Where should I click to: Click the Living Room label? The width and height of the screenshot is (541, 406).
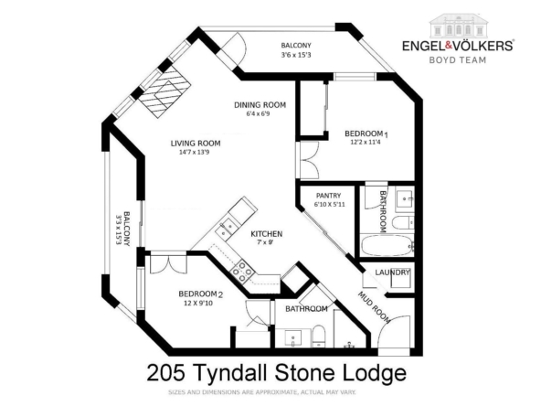[196, 144]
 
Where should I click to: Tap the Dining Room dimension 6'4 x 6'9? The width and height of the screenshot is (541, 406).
[258, 113]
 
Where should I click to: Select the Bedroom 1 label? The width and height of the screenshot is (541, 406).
[366, 134]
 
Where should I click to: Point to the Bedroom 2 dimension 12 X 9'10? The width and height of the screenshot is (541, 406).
[198, 304]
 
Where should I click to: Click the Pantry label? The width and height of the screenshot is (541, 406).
[328, 196]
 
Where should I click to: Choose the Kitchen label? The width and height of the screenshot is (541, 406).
[266, 234]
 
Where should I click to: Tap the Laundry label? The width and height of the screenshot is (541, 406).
[392, 272]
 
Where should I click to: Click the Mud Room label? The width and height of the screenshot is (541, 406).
[374, 308]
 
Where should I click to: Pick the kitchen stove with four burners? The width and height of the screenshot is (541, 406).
[242, 271]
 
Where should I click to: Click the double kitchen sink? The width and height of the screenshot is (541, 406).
[226, 229]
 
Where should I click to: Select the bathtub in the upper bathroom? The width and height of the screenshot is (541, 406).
[387, 245]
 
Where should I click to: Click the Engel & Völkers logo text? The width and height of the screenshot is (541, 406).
[458, 45]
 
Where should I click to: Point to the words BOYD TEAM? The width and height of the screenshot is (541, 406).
[458, 60]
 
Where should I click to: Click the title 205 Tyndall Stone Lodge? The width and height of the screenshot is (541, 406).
[277, 373]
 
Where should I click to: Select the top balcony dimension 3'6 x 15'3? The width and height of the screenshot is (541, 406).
[296, 55]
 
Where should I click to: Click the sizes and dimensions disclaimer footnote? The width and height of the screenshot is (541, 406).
[262, 392]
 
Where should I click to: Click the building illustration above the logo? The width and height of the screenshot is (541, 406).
[459, 26]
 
